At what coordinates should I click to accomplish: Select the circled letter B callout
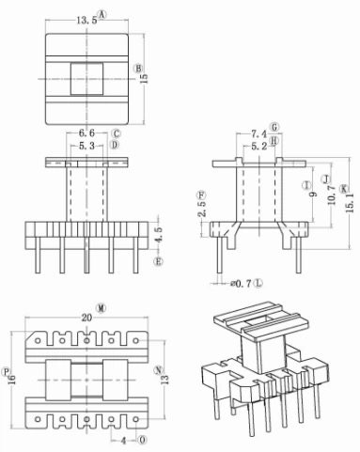[x=139, y=69]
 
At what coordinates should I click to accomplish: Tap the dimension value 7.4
[x=257, y=135]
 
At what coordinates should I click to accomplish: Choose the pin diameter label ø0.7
[x=241, y=282]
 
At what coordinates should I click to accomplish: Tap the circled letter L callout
[x=258, y=282]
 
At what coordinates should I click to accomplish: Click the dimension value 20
[x=86, y=318]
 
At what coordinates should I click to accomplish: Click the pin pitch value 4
[x=123, y=439]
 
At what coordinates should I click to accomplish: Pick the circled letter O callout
[x=142, y=439]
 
